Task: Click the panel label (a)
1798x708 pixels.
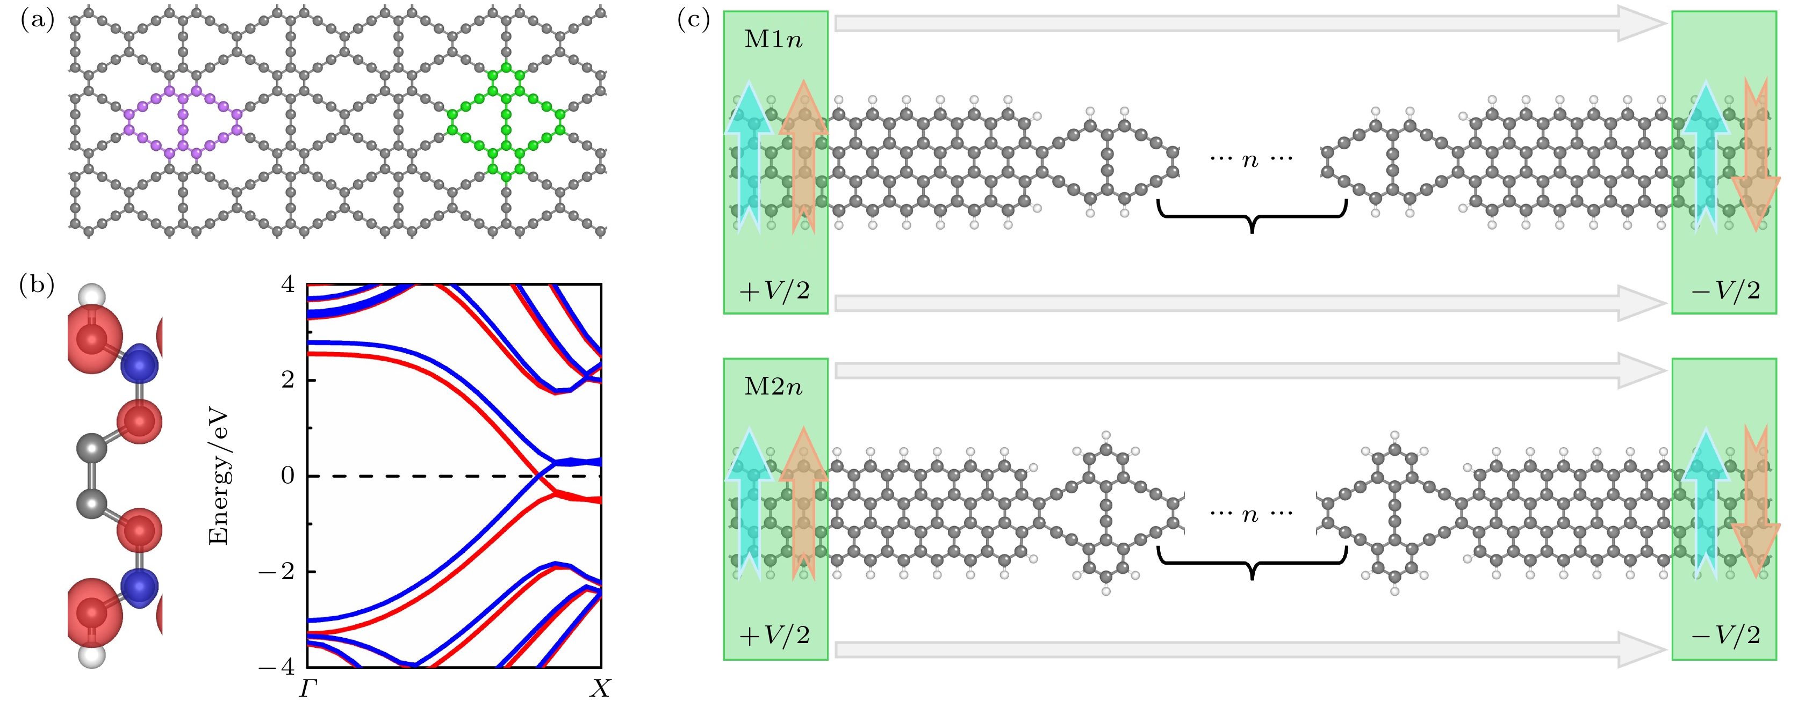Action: click(37, 21)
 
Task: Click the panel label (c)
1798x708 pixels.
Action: click(694, 21)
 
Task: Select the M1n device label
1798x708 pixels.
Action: click(773, 39)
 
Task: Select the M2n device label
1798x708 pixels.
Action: click(773, 386)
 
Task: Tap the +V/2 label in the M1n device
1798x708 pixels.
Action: click(775, 289)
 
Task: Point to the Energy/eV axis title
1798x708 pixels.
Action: click(220, 477)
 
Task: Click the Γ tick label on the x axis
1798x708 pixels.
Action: click(308, 689)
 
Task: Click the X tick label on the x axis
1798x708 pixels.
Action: click(600, 689)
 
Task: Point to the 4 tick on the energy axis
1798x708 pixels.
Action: click(287, 284)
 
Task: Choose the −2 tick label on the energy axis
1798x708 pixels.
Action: click(277, 571)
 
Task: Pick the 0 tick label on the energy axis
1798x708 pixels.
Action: click(287, 476)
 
